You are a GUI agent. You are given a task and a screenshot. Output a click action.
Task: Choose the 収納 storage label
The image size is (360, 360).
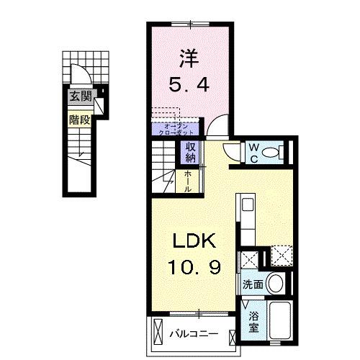[191, 152]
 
